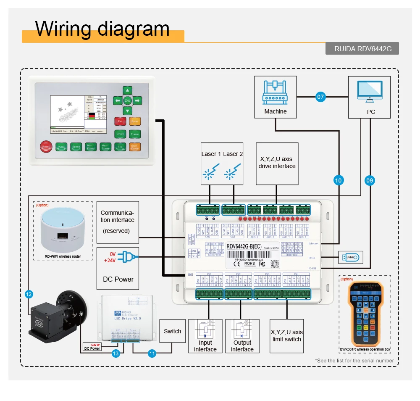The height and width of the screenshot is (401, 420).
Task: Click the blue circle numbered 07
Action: (321, 97)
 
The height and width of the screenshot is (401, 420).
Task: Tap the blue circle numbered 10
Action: (339, 180)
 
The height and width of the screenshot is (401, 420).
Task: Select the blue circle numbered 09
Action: (370, 180)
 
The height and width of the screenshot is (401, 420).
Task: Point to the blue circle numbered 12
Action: (29, 295)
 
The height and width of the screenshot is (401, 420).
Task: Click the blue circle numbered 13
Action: (116, 354)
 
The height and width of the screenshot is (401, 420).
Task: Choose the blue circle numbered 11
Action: (152, 354)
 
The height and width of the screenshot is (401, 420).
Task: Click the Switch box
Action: (172, 331)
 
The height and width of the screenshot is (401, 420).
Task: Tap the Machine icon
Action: (276, 92)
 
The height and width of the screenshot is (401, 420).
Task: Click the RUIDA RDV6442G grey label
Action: (362, 49)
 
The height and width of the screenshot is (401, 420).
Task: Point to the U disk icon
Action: (350, 257)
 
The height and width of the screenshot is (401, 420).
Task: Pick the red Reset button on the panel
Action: (45, 147)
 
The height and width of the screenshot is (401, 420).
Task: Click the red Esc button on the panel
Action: (120, 121)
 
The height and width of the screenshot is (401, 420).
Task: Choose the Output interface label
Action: (242, 346)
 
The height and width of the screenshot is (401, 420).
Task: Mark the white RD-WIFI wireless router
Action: (63, 228)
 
